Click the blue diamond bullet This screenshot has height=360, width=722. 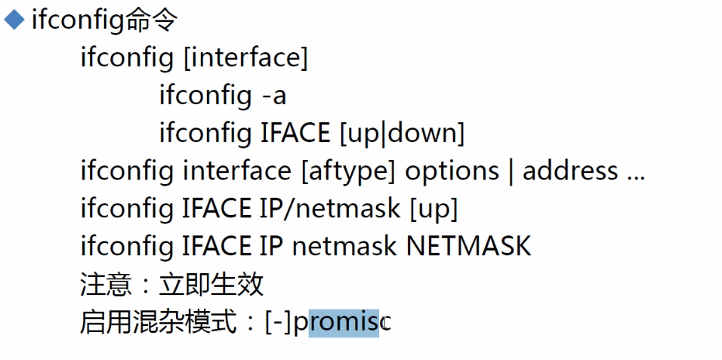(14, 20)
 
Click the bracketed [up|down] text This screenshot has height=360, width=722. (401, 134)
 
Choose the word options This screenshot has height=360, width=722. (452, 171)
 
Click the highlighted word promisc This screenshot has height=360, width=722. (342, 323)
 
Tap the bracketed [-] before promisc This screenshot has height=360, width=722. (278, 323)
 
